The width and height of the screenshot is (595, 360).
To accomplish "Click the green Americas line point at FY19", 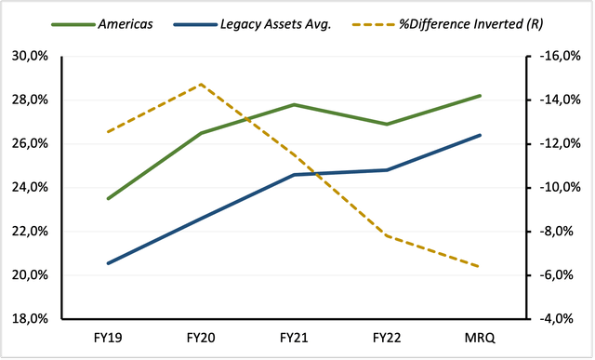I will click(108, 198).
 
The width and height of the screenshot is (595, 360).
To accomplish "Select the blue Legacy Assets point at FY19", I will click(108, 263).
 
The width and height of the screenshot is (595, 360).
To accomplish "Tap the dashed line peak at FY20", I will click(201, 85).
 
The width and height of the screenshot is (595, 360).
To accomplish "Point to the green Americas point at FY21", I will click(294, 104).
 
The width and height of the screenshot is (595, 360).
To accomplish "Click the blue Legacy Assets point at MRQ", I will click(480, 135).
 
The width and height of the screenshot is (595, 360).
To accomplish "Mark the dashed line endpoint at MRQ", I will click(480, 267).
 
